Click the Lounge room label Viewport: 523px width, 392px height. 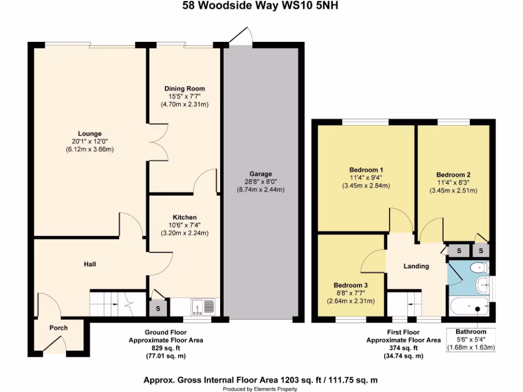pos(90,134)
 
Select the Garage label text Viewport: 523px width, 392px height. pos(260,174)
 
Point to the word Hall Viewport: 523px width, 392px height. pos(90,264)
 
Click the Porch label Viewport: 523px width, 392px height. pos(58,328)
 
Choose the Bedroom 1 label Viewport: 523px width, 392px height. pos(366,169)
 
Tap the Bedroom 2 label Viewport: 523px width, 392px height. pos(454,175)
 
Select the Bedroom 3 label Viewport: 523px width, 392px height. pos(351,285)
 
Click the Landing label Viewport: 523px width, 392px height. pos(416,266)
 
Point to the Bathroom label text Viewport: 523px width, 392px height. pos(471,332)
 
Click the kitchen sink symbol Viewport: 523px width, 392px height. pos(203,307)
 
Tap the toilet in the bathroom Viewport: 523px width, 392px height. pos(480,267)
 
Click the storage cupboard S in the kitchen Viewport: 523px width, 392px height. pos(158,308)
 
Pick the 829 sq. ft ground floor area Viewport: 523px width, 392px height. pos(166,348)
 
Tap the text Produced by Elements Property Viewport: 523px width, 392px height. pos(261,388)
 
